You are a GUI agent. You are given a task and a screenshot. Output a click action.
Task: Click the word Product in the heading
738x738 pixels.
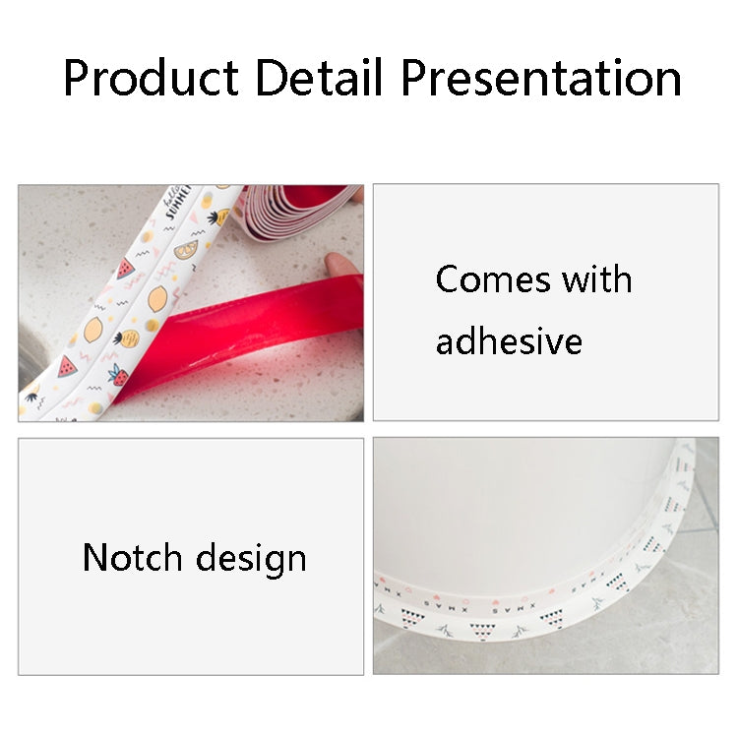(x=152, y=78)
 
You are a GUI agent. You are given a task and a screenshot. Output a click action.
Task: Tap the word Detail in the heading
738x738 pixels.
(x=318, y=77)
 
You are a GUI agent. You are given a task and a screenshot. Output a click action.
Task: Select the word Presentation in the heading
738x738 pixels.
(x=541, y=78)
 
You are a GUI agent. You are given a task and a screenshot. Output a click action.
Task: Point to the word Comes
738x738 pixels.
(x=493, y=279)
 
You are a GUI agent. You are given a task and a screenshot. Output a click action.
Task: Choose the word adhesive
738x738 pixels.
(x=509, y=340)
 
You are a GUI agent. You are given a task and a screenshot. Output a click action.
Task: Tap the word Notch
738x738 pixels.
(x=132, y=557)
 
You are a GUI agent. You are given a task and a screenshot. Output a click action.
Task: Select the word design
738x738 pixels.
(x=251, y=560)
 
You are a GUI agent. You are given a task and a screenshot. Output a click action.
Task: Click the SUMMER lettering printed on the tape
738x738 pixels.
(x=178, y=203)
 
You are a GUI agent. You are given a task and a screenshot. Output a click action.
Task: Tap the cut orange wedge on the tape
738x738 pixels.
(x=186, y=250)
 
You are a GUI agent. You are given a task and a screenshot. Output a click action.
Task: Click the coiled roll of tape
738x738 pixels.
(x=299, y=211)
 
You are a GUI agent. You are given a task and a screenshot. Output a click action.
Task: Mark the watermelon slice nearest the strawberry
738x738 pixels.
(x=67, y=368)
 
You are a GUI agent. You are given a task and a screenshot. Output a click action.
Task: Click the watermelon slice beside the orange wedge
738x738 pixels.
(x=126, y=269)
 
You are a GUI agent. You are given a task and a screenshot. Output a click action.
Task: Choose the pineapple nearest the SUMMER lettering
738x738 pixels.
(x=217, y=217)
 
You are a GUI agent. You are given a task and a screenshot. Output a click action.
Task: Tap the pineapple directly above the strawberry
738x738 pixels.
(x=127, y=338)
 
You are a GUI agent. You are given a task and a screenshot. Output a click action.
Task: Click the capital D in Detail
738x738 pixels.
(x=272, y=77)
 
